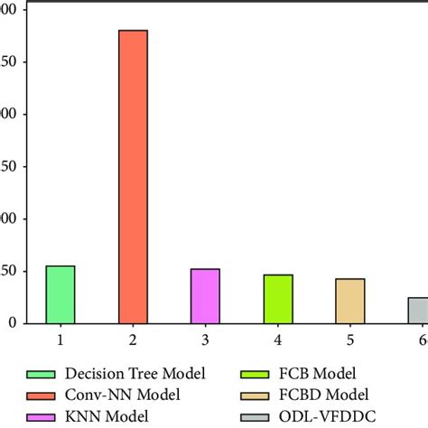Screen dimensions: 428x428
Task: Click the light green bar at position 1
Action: (x=60, y=294)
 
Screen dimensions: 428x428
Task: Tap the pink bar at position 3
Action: (x=205, y=295)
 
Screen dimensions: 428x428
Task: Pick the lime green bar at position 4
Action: (x=278, y=298)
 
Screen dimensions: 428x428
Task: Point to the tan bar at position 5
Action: (x=350, y=300)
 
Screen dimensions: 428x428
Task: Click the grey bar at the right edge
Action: (x=418, y=310)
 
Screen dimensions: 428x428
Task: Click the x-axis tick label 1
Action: (x=60, y=340)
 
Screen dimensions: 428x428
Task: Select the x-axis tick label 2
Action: (x=133, y=340)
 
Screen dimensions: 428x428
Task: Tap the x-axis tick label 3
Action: (x=205, y=340)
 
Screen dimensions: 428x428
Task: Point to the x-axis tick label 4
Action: (x=278, y=340)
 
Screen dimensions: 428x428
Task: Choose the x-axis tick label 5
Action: (x=350, y=340)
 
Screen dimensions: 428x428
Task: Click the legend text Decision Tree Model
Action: (x=143, y=374)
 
